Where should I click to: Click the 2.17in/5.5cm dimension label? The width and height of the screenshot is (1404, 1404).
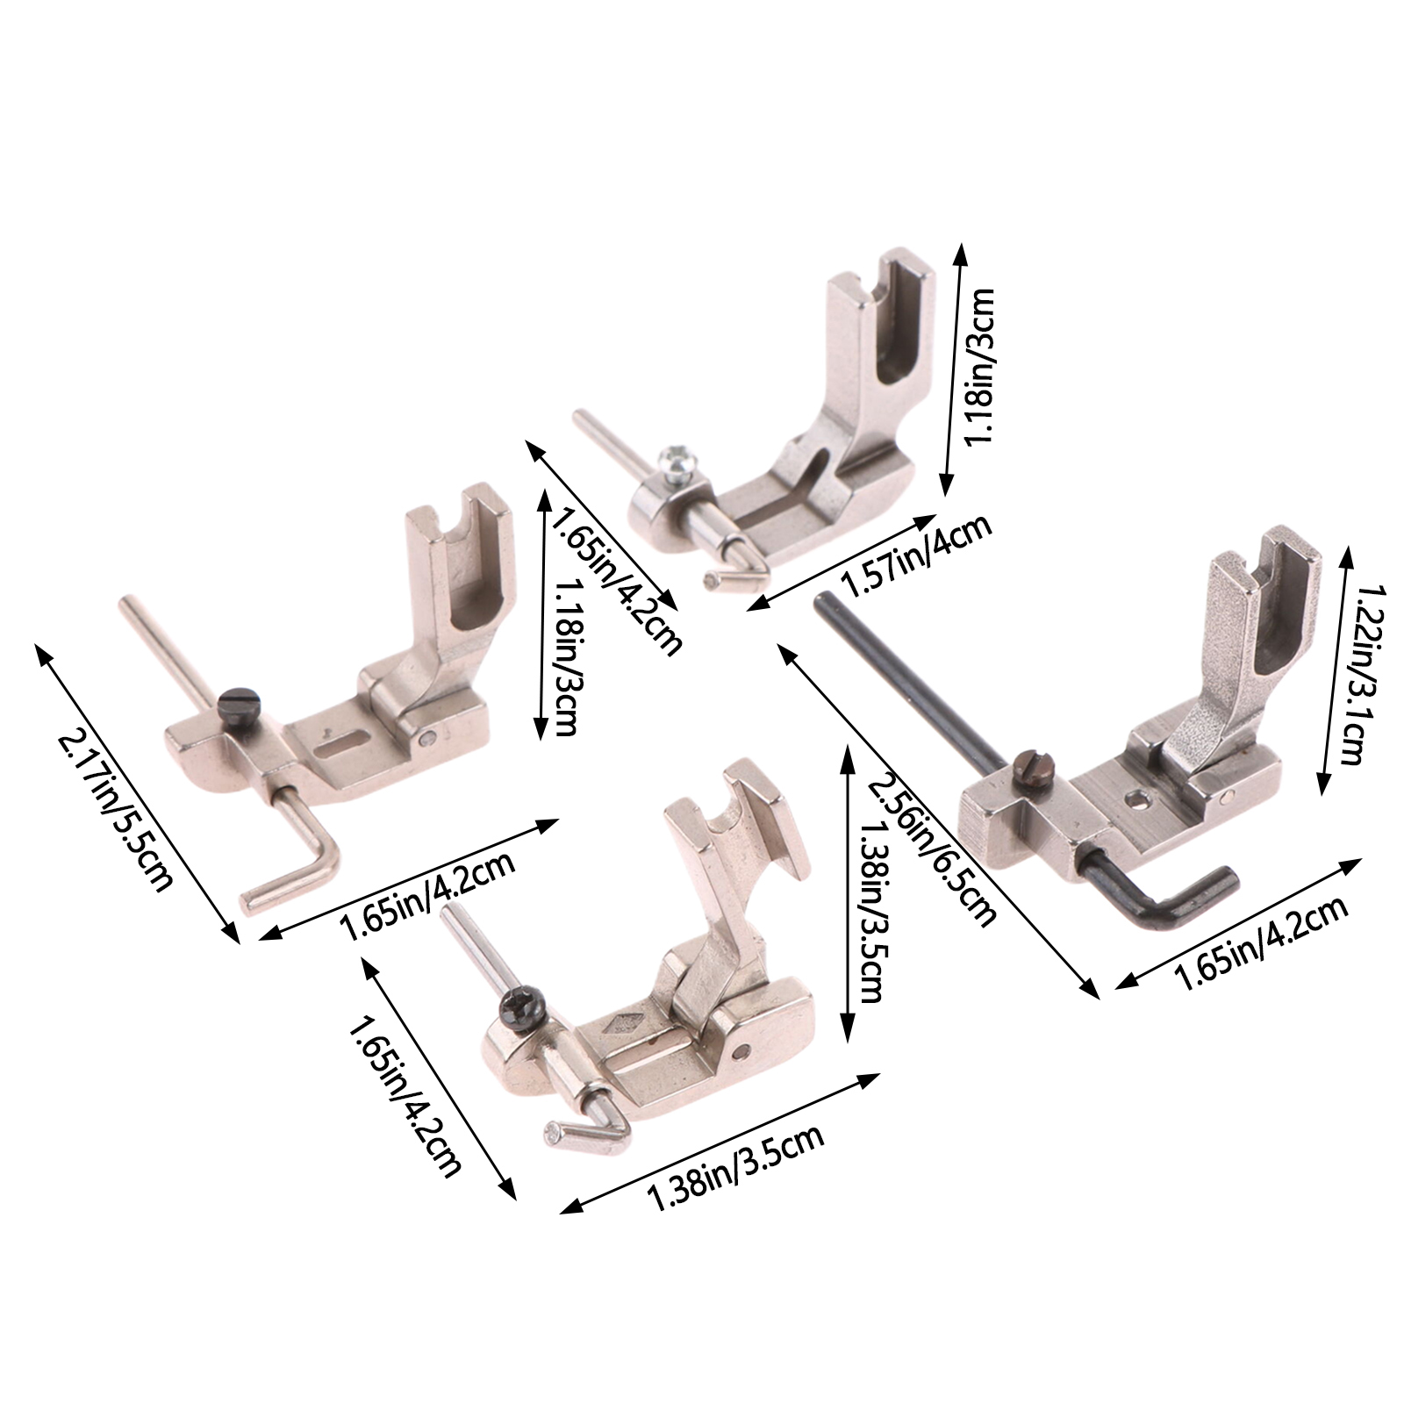click(113, 811)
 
